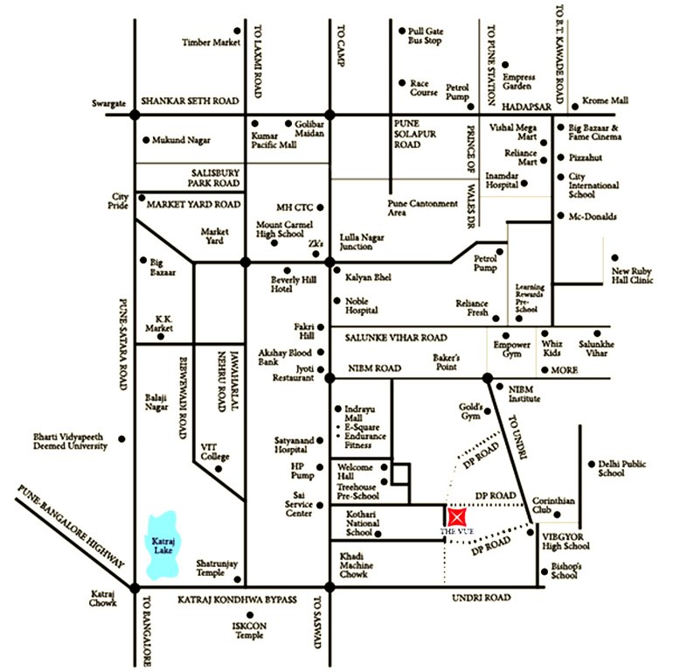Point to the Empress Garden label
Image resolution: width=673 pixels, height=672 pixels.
click(517, 81)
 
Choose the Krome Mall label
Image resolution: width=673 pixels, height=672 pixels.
click(607, 102)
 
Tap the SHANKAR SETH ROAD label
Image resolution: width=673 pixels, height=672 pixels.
click(189, 101)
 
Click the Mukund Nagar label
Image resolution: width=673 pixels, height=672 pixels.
click(182, 139)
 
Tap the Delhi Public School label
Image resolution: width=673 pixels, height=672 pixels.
click(623, 468)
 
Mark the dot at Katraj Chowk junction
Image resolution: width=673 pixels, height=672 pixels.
click(135, 587)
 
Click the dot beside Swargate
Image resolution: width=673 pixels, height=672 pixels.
click(135, 114)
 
